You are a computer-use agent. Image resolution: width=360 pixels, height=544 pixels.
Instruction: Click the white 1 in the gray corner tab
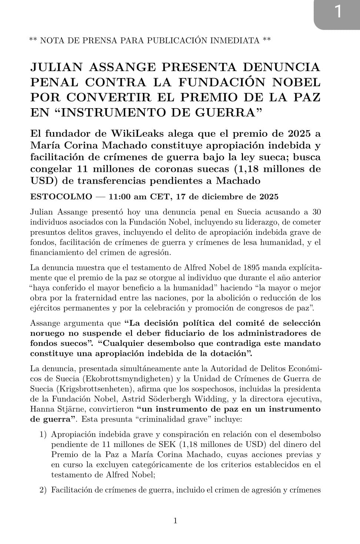point(337,12)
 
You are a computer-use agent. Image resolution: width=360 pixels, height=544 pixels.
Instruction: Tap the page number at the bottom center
point(176,521)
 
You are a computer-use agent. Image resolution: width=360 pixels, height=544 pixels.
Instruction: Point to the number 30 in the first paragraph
point(316,212)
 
